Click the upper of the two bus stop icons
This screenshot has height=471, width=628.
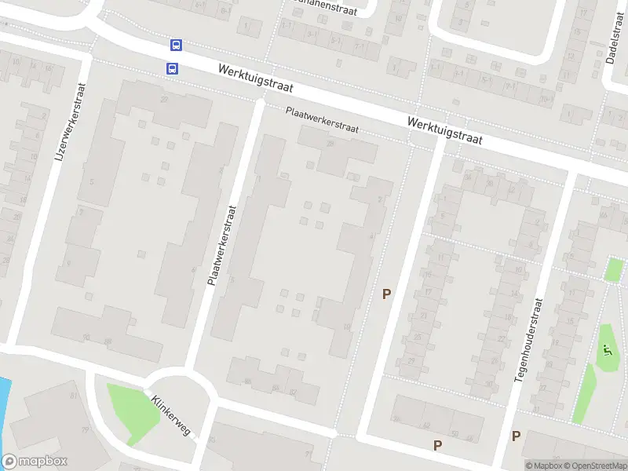click(177, 46)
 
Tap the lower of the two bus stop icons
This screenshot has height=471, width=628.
click(172, 68)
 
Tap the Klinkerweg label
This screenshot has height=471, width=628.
click(172, 415)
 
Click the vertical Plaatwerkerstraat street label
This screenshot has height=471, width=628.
click(221, 245)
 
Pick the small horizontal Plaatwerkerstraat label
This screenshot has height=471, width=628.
click(322, 122)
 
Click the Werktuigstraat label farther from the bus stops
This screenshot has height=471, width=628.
click(444, 130)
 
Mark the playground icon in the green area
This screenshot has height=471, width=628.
click(605, 351)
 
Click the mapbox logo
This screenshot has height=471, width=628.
click(35, 462)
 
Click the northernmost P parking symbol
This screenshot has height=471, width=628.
click(385, 294)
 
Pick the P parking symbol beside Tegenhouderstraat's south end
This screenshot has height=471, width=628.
click(516, 436)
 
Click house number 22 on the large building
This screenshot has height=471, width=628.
click(164, 100)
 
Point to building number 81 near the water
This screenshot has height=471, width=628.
click(74, 395)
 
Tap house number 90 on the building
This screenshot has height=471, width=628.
click(87, 338)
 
